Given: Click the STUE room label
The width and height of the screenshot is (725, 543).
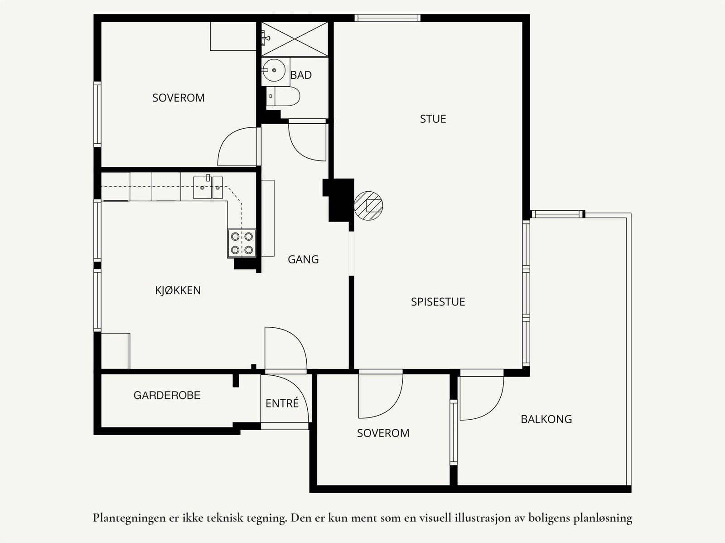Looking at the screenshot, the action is (x=433, y=119).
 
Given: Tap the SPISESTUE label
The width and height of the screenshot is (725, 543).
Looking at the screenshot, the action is (x=438, y=302).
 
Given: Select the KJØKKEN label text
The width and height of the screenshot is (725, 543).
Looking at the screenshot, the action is (x=178, y=291).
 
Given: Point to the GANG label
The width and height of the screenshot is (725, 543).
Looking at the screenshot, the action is (x=303, y=260).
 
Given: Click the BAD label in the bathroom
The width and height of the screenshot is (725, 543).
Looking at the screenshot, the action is (x=301, y=75).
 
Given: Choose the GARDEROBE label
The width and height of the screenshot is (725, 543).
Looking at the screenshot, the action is (x=167, y=395).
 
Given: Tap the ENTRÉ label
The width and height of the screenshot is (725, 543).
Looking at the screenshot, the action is (x=282, y=403).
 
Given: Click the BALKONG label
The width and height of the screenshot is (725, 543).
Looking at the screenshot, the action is (x=546, y=419).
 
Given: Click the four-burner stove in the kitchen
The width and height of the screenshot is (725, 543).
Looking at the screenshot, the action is (x=242, y=243).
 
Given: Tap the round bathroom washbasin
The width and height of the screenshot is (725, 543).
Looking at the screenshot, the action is (x=274, y=70).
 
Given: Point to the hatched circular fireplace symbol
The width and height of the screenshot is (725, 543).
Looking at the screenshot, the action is (x=368, y=206).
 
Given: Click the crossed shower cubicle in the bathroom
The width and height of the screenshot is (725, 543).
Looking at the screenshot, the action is (x=295, y=39).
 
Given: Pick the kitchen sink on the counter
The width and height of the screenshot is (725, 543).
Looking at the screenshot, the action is (x=208, y=188).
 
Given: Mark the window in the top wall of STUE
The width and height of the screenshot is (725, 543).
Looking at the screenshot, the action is (x=387, y=18).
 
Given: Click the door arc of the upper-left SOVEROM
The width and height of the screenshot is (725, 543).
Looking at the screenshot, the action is (x=228, y=138).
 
